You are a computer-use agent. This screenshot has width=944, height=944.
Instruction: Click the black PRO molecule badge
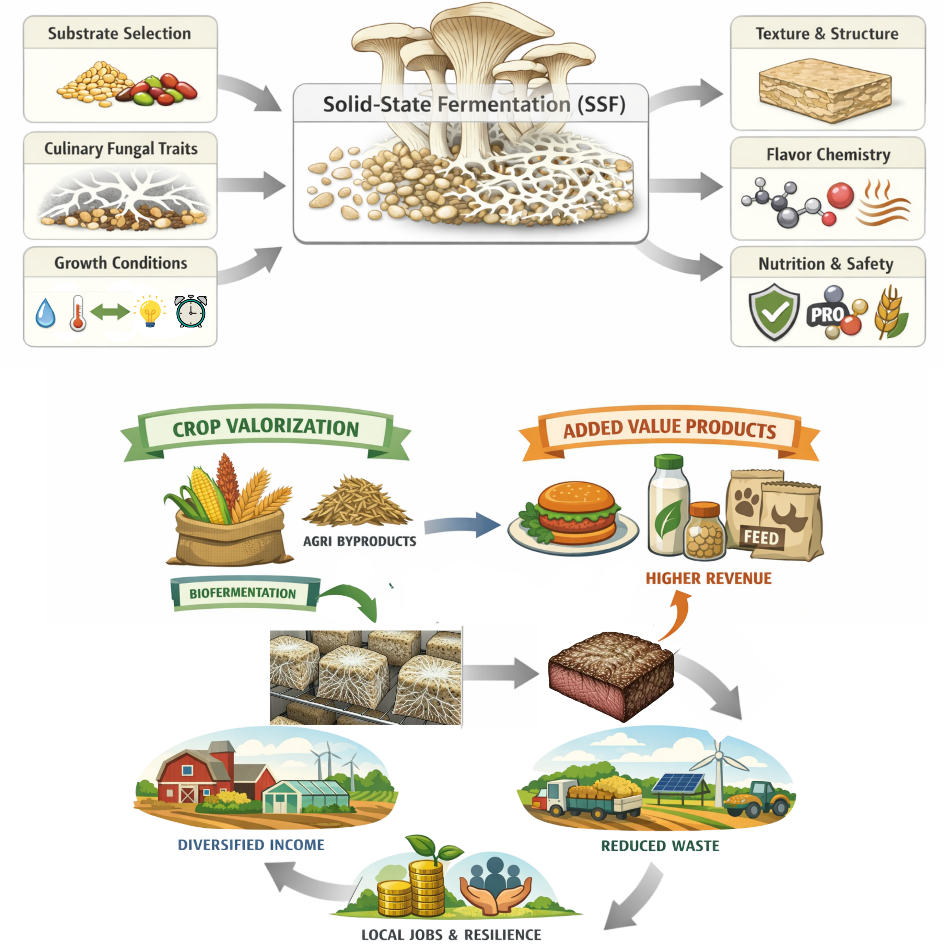coord(827,314)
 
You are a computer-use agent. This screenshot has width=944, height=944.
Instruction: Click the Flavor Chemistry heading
coord(828,154)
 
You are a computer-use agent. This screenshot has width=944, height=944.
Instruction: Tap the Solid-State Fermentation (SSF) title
coord(474,104)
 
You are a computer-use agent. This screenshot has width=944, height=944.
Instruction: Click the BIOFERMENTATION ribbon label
coord(243,593)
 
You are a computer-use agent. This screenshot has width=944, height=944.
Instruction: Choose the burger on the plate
coord(576,513)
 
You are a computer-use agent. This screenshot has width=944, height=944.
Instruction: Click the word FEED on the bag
coord(761,538)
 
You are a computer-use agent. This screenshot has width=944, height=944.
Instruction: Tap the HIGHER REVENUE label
coord(708,578)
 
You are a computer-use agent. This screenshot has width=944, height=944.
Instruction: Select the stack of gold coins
coord(413,889)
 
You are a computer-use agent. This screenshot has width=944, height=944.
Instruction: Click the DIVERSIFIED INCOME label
coord(251,845)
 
